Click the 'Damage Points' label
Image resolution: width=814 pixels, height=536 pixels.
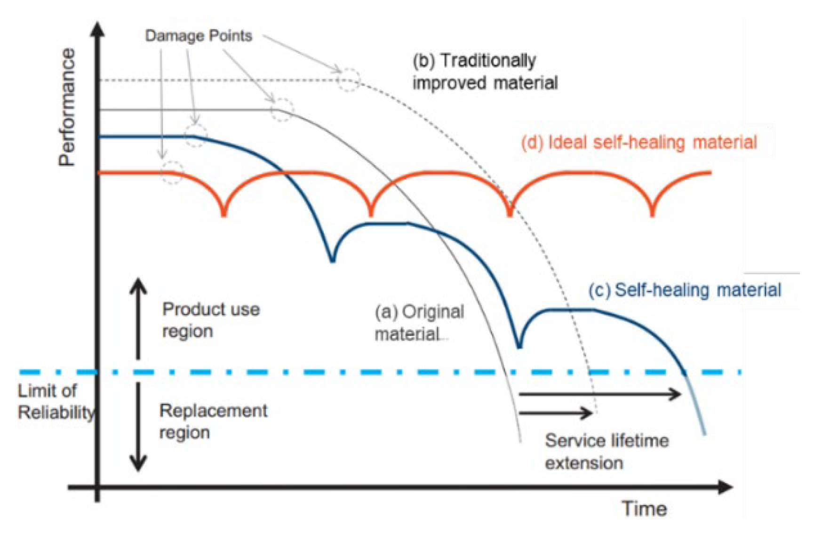coord(198,36)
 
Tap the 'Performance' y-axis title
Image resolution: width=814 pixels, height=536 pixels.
coord(67,107)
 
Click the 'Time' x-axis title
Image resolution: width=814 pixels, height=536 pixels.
coord(644,509)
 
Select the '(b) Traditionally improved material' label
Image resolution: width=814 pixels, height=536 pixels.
coord(485,72)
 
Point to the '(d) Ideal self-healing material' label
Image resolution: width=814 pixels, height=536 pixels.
coord(639,142)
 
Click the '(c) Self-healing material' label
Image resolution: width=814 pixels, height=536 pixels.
coord(685,290)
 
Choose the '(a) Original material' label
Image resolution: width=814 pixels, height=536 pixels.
coord(419,323)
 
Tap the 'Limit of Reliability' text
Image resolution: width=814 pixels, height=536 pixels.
coord(54,401)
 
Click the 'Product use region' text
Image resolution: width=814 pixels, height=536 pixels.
coord(210,320)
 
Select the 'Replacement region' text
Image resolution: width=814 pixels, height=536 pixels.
coord(213,421)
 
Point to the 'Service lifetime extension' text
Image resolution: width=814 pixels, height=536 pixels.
coord(607,452)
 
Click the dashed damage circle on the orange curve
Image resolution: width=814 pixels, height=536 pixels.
coord(172,172)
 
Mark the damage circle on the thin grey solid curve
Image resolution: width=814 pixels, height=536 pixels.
coord(282,110)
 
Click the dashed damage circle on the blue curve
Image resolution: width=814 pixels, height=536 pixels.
coord(195,136)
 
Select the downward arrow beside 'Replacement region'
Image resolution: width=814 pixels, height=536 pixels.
coord(138,426)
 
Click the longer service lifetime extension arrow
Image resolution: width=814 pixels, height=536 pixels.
coord(600,394)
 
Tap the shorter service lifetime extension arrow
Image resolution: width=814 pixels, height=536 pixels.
coord(555,413)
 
